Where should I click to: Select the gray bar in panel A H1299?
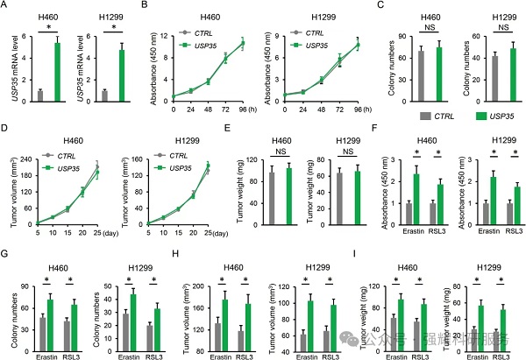pyautogui.click(x=106, y=92)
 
